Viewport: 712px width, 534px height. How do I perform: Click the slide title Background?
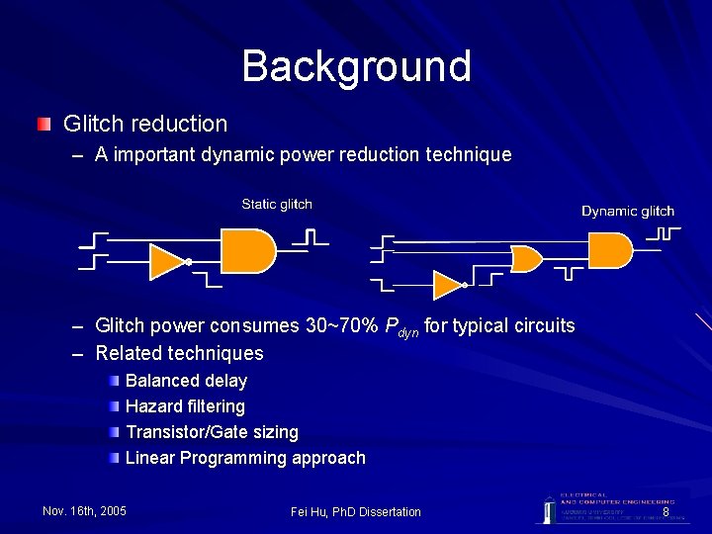coord(356,66)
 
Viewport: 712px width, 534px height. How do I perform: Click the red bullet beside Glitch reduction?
coord(44,125)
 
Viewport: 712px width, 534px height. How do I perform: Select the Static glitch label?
coord(277,205)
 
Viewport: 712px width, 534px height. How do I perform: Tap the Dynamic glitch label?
coord(628,211)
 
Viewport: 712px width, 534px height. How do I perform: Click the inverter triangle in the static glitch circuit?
coord(167,261)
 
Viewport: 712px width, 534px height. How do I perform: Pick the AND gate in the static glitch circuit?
coord(246,251)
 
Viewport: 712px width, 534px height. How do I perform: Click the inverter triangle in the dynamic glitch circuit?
coord(448,286)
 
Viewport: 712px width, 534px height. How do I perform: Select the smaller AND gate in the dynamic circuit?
coord(525,259)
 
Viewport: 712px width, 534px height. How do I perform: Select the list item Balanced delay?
coord(186,381)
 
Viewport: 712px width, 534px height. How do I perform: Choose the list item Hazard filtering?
coord(185,406)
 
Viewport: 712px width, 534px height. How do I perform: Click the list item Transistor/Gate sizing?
coord(212,432)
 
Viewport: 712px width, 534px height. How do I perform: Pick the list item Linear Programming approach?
coord(245,458)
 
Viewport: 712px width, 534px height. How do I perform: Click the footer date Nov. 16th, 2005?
coord(85,511)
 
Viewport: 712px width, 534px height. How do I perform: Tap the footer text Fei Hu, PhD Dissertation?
coord(356,511)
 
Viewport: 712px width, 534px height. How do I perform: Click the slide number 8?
coord(666,512)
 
